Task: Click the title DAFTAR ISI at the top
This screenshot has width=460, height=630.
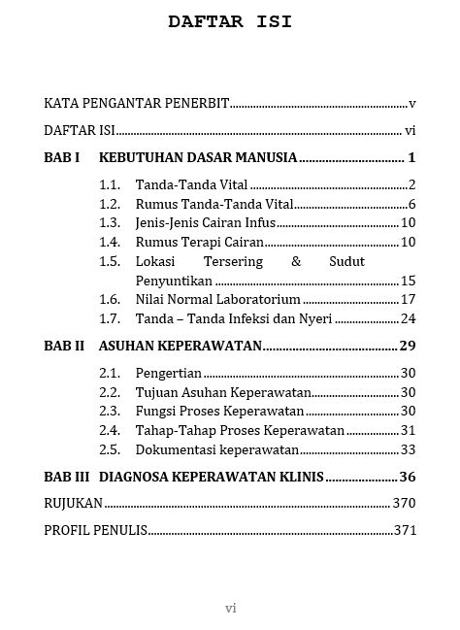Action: click(x=230, y=21)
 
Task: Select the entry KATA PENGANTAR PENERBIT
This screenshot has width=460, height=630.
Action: click(x=137, y=103)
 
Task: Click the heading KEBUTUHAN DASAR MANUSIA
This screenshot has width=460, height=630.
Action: click(x=198, y=157)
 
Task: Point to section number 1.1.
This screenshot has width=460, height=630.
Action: click(x=110, y=184)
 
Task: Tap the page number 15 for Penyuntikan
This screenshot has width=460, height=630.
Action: click(x=408, y=281)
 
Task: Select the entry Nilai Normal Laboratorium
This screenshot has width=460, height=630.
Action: click(x=217, y=299)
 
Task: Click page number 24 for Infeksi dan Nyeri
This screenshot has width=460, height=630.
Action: click(x=408, y=318)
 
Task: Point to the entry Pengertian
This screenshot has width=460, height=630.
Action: click(x=168, y=373)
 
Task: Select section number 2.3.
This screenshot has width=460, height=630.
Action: click(x=110, y=411)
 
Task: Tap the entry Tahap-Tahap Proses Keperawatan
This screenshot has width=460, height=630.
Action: click(x=240, y=430)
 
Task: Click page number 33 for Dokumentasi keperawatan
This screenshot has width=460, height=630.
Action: click(x=408, y=449)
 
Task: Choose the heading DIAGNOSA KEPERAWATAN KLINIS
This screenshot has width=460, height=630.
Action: click(x=212, y=477)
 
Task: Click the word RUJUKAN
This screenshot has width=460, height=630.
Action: click(x=74, y=503)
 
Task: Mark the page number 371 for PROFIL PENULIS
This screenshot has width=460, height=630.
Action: click(x=405, y=530)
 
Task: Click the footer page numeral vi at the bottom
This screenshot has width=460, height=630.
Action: click(x=230, y=609)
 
